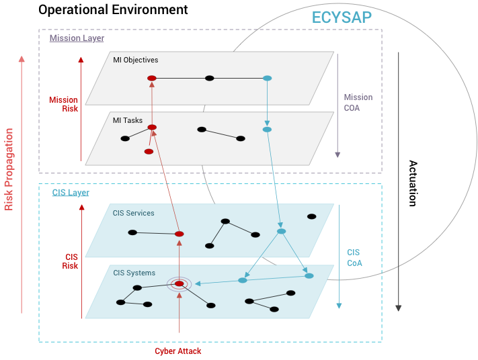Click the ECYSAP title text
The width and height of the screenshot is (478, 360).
[342, 17]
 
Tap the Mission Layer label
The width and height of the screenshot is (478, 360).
[77, 38]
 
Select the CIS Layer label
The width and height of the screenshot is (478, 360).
[71, 193]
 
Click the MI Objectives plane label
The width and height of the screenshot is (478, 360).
[136, 60]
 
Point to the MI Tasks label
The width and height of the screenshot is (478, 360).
[128, 120]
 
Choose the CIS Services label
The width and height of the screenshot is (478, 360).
[133, 213]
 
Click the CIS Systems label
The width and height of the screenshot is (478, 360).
[134, 273]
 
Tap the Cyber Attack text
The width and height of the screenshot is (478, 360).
[177, 351]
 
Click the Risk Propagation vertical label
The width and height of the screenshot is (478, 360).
[9, 169]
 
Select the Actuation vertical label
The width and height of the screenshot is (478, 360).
[413, 183]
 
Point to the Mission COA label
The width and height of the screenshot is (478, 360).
[358, 102]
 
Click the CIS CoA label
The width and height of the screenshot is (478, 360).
[354, 258]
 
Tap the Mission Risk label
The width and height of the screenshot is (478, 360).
[63, 104]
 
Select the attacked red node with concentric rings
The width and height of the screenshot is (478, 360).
[179, 284]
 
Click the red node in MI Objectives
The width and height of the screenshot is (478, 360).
[152, 79]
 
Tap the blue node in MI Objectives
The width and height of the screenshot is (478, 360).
[267, 79]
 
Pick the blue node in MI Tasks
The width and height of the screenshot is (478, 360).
[267, 130]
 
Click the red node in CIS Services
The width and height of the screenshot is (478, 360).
[179, 234]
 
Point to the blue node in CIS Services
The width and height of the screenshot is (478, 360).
[281, 232]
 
